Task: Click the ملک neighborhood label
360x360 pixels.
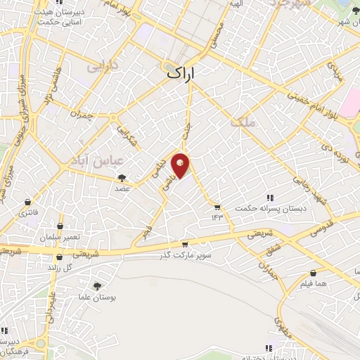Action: click(x=242, y=123)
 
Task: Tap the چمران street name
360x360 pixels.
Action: click(x=82, y=115)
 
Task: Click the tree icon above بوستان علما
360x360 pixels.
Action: click(x=96, y=285)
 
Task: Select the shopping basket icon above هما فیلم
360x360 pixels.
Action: click(x=313, y=274)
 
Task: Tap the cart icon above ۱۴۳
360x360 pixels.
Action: click(x=217, y=207)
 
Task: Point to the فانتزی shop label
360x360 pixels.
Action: click(x=29, y=212)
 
